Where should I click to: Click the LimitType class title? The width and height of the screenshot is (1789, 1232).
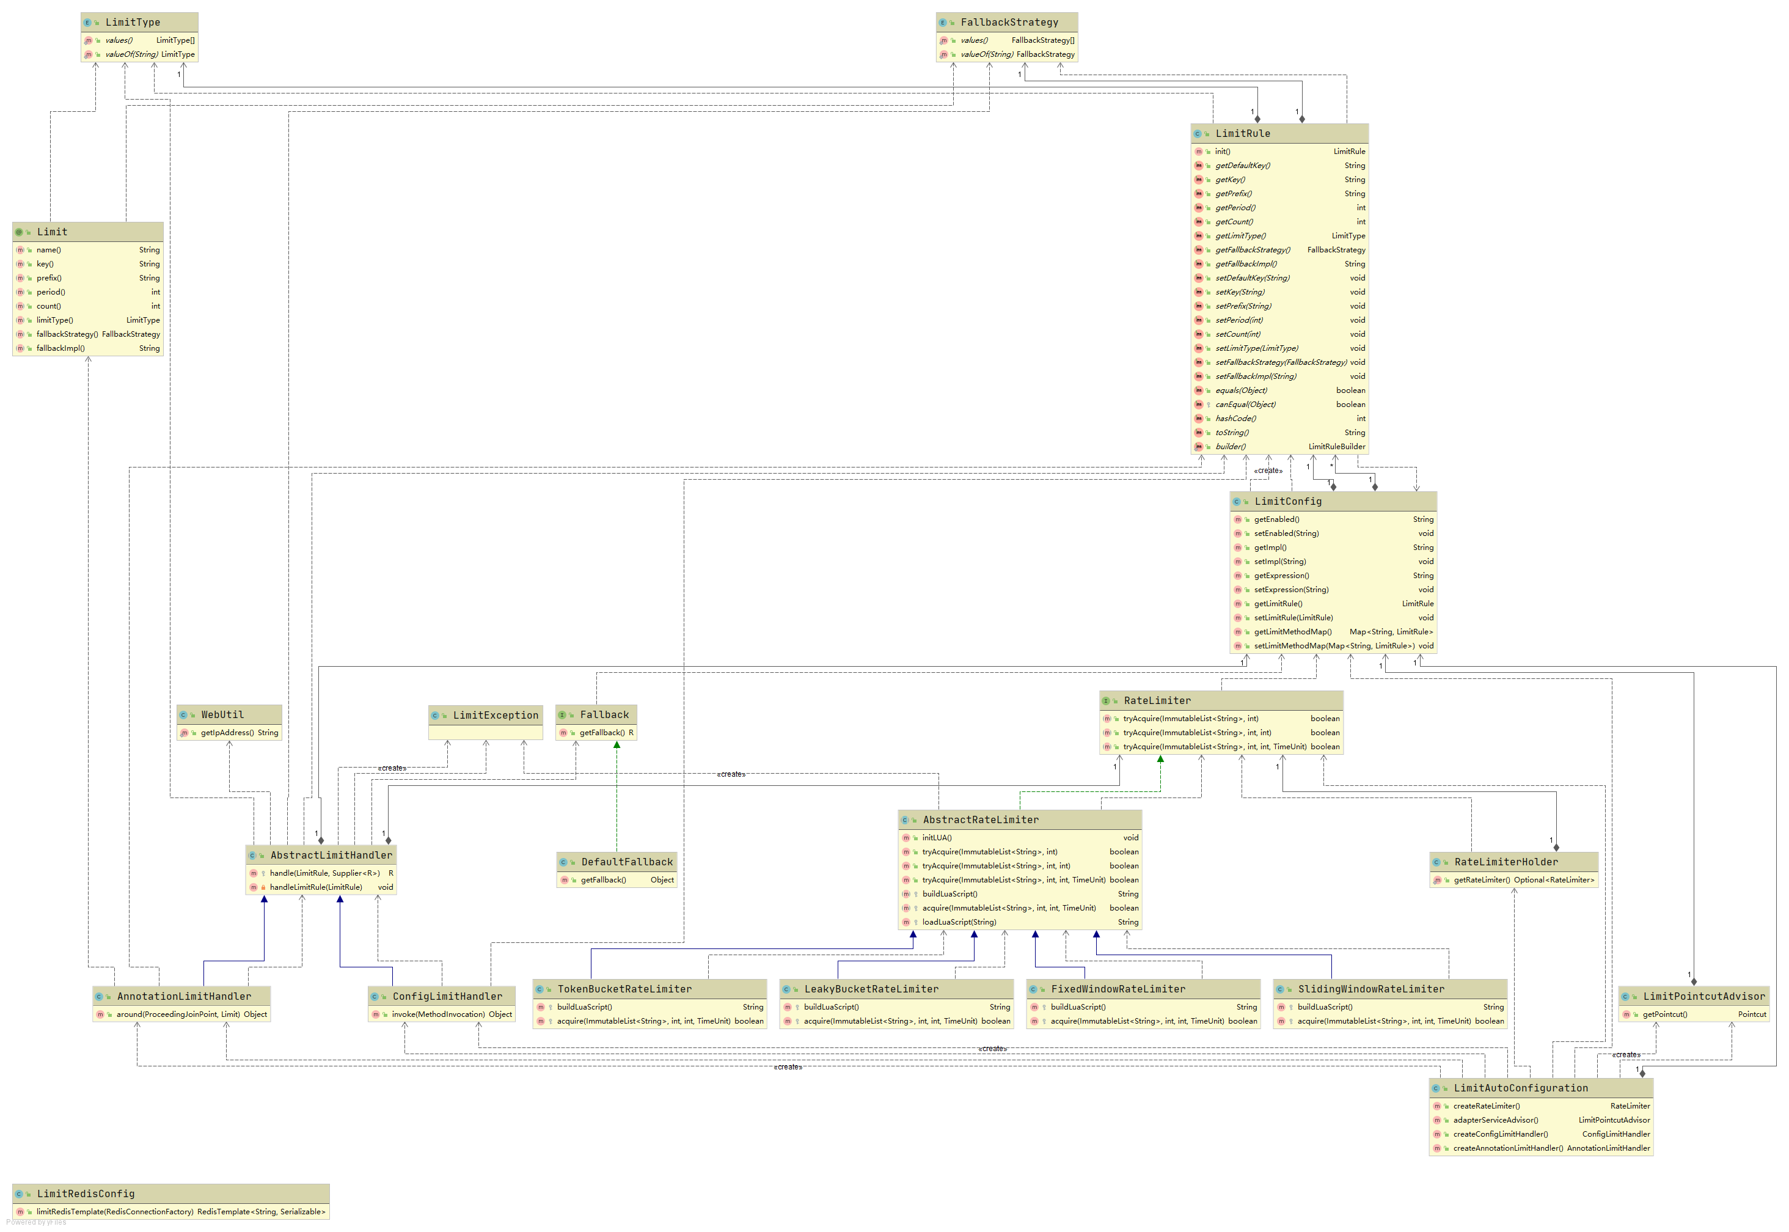tap(133, 23)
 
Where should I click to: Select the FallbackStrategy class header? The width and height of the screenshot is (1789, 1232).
tap(1009, 23)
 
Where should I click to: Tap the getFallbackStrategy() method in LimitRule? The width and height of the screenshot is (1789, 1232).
tap(1252, 250)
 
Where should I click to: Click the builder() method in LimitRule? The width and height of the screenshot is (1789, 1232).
tap(1230, 447)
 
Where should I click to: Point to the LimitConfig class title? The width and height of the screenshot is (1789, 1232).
tap(1287, 502)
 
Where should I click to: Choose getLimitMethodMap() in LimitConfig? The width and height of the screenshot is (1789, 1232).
tap(1292, 632)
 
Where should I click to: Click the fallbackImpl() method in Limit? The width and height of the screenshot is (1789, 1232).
tap(60, 349)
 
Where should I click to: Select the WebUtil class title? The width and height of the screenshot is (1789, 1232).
tap(222, 716)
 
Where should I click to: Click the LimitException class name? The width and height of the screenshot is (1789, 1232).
tap(496, 716)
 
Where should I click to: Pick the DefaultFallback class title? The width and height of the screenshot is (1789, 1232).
tap(627, 863)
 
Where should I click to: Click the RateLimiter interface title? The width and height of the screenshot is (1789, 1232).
tap(1157, 702)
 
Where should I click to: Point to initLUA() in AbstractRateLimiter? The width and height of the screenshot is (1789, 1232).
tap(937, 838)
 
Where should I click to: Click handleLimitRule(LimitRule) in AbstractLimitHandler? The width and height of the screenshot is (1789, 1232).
tap(316, 888)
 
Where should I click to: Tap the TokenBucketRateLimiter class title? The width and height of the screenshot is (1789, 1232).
tap(624, 989)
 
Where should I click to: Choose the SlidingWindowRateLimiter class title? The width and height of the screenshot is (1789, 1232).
tap(1370, 989)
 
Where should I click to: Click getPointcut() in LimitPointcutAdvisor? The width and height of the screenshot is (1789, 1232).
tap(1665, 1015)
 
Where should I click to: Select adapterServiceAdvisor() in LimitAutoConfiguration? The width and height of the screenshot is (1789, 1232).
tap(1495, 1121)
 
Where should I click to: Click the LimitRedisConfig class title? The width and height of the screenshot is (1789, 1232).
tap(86, 1194)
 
